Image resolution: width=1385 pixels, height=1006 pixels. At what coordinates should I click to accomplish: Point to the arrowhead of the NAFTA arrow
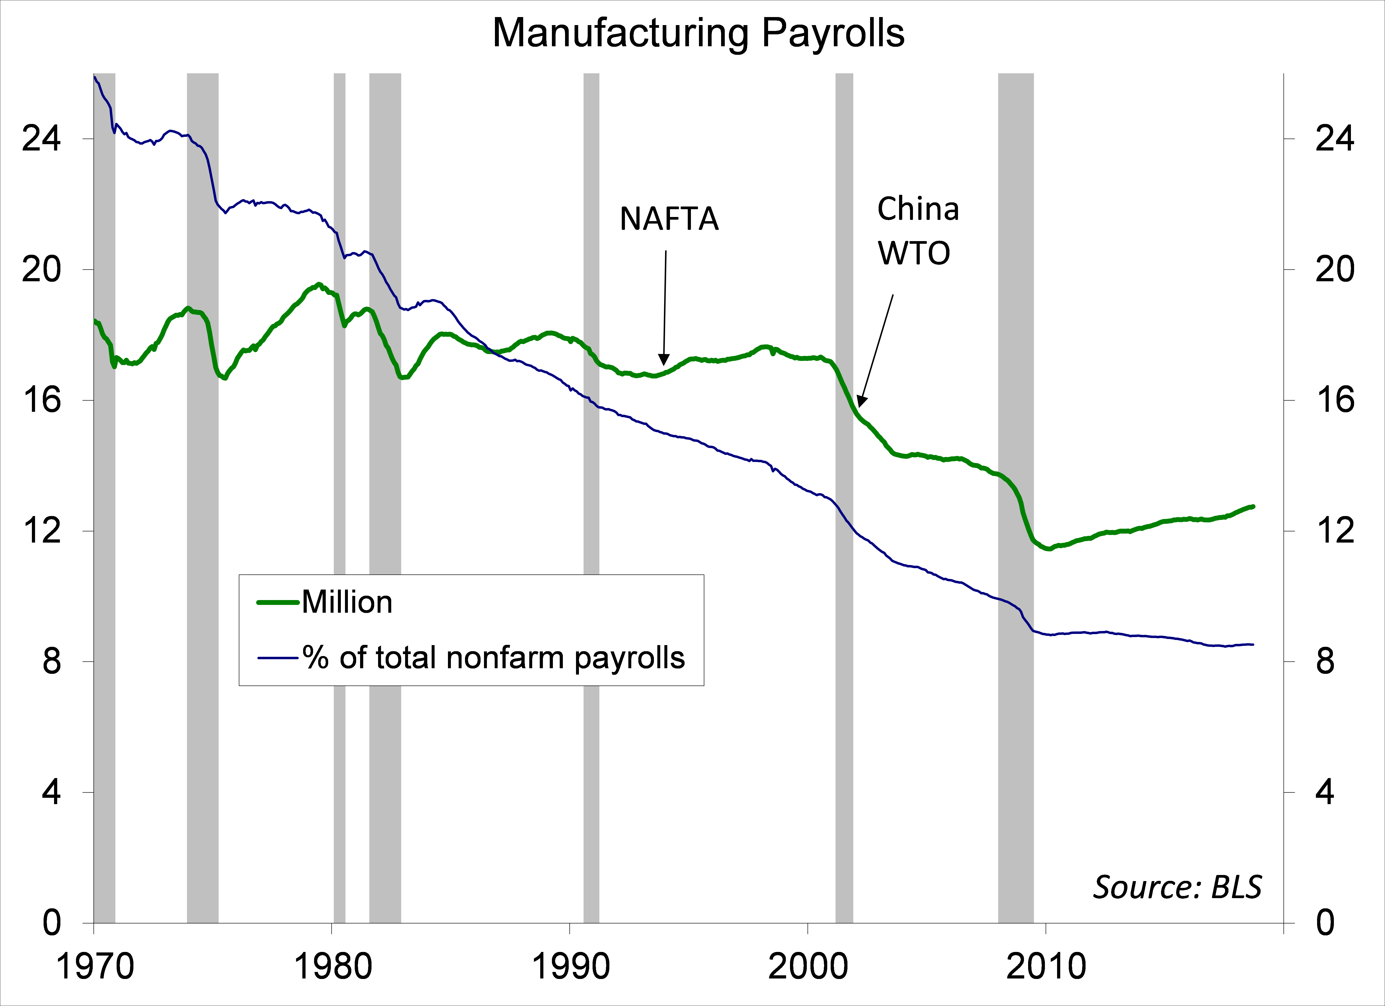click(x=664, y=360)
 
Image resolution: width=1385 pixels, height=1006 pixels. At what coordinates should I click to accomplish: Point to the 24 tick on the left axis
click(x=42, y=139)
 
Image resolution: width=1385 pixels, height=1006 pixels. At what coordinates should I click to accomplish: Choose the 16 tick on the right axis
click(x=1334, y=400)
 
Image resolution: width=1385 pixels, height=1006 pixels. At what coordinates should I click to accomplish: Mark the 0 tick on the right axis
click(x=1325, y=923)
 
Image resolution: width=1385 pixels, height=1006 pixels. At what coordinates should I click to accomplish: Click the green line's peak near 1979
click(x=318, y=285)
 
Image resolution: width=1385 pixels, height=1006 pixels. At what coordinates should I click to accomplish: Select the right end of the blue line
click(x=1253, y=644)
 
